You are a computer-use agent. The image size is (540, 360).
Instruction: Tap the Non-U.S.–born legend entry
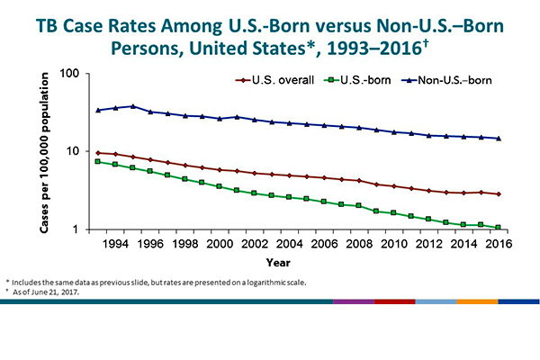click(451, 80)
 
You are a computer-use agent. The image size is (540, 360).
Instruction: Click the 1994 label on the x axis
click(114, 243)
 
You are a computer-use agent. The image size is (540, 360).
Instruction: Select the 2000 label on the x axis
click(212, 243)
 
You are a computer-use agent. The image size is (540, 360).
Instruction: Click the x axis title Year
click(278, 263)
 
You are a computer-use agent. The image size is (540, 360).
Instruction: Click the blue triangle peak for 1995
click(133, 106)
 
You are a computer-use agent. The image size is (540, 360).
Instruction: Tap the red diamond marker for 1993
click(99, 153)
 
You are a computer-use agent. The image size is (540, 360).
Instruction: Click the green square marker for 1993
click(99, 162)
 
